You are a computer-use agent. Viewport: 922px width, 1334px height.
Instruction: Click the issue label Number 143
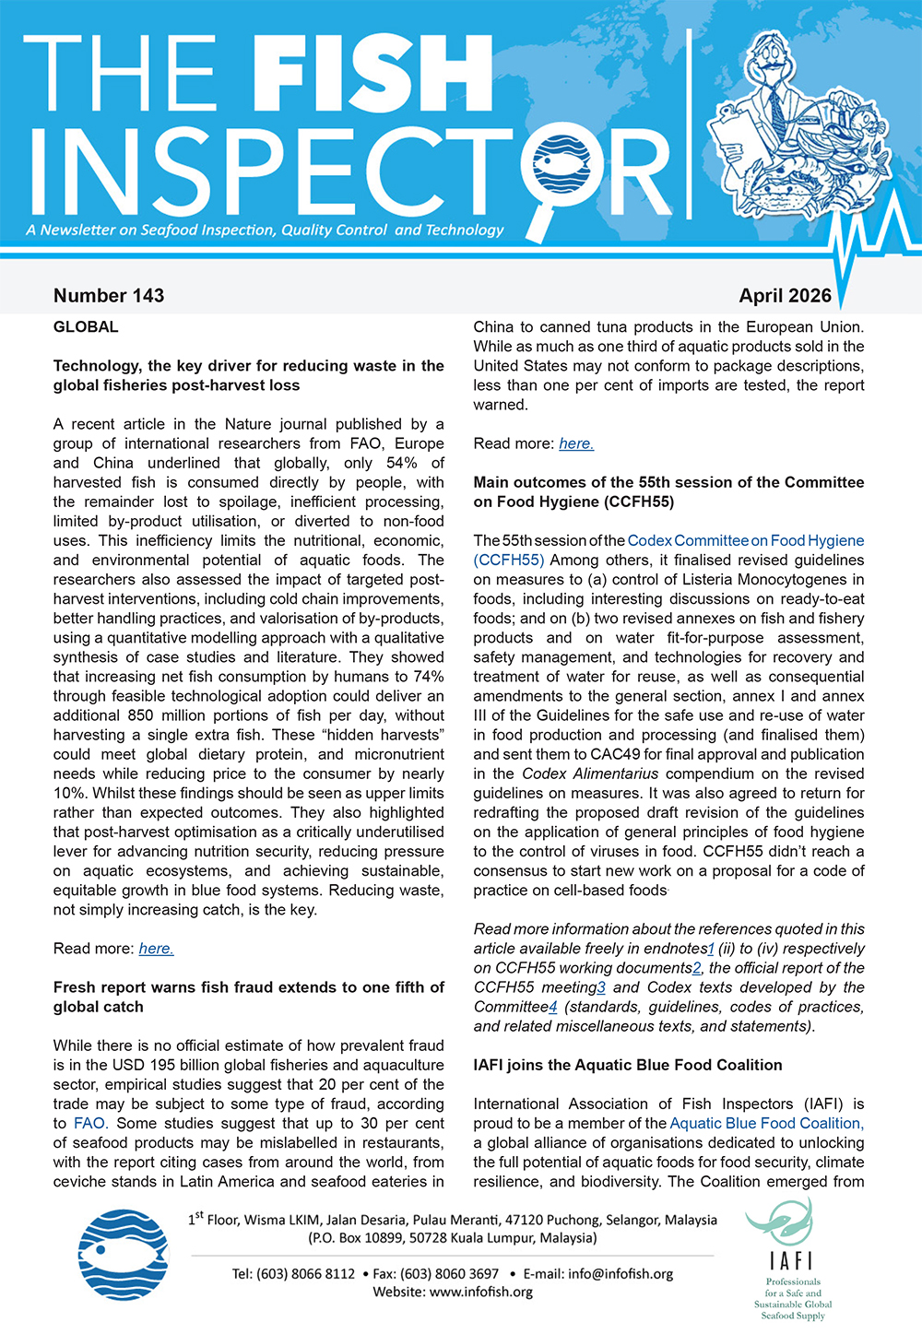click(x=109, y=296)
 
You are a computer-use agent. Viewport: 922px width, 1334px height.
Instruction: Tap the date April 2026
click(x=785, y=296)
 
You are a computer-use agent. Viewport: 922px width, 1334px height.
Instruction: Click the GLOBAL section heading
click(x=86, y=327)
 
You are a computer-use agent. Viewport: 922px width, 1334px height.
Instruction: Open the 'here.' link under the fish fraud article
click(x=576, y=443)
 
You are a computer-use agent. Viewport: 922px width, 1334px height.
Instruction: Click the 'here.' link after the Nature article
click(x=156, y=949)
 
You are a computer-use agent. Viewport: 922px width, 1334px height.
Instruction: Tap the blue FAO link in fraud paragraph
click(x=89, y=1123)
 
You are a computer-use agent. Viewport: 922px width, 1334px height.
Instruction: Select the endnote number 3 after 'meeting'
click(x=601, y=987)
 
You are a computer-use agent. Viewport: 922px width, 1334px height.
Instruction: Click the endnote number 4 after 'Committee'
click(x=553, y=1007)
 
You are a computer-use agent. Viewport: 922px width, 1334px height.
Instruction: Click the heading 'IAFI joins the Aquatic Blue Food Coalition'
click(x=627, y=1065)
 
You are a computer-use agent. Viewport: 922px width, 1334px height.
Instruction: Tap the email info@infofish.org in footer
click(x=621, y=1273)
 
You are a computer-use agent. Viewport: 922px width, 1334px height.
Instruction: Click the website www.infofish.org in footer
click(x=481, y=1292)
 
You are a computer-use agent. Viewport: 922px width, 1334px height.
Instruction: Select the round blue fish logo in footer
click(x=124, y=1254)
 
